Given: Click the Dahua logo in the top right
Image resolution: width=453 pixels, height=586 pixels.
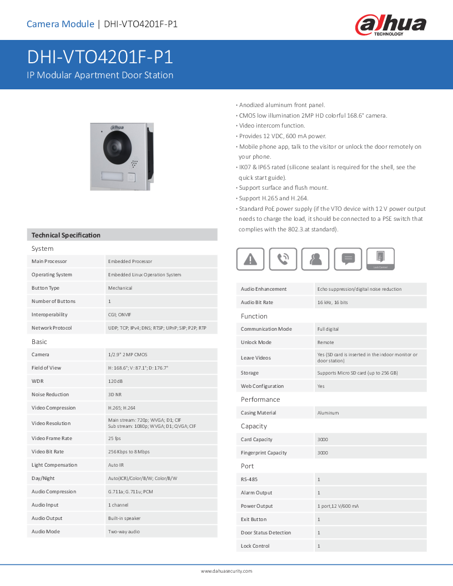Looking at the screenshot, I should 391,25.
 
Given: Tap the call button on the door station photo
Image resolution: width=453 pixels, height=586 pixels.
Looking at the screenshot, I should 132,178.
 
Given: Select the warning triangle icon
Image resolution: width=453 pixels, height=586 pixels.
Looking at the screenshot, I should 250,259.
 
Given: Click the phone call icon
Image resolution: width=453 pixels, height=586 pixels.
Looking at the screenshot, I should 283,259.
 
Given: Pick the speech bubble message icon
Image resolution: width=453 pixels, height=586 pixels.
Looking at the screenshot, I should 348,259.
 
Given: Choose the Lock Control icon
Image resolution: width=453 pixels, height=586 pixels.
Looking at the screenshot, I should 381,259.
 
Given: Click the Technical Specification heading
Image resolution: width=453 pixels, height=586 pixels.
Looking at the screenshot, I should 66,235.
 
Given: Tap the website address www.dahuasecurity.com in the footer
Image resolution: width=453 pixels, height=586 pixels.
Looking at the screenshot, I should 226,571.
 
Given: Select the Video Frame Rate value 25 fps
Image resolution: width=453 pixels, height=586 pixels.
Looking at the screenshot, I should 114,438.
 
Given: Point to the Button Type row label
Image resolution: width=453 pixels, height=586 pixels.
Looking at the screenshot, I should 46,288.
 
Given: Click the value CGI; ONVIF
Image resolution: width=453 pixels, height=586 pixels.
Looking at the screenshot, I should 120,315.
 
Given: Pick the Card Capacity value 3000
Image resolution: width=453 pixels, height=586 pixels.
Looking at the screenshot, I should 323,439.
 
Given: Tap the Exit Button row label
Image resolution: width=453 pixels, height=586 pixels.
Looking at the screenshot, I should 254,519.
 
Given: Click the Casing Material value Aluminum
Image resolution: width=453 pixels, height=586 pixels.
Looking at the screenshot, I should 328,413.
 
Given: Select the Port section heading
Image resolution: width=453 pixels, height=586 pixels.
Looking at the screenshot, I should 248,466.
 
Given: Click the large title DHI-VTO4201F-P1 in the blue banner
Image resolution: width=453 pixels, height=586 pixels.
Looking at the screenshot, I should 100,58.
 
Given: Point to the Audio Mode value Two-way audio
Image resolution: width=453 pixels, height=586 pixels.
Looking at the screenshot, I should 124,532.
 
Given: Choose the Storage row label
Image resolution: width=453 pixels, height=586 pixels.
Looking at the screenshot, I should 250,373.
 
